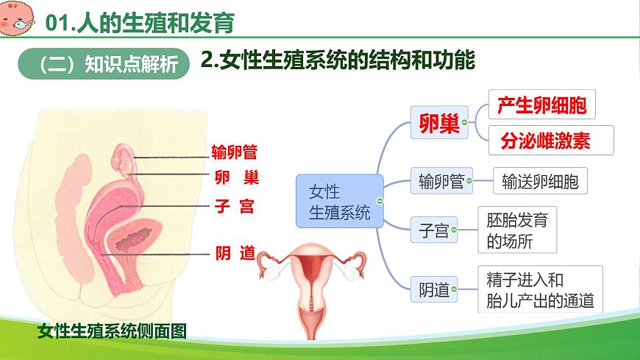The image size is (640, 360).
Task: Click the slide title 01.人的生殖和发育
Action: coord(140,24)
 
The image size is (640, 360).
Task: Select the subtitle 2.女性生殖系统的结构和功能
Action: coord(338,60)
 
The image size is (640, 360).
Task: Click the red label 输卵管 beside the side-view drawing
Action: coord(234,152)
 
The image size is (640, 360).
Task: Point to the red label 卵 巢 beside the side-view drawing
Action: coord(236,177)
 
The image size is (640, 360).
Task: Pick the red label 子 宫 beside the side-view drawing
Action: coord(235,206)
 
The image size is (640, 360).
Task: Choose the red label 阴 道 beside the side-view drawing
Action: coord(235,253)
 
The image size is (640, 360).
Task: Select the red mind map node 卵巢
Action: coord(438,122)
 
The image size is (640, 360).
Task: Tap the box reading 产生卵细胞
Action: coord(541,105)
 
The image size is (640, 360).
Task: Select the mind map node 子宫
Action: coord(433,231)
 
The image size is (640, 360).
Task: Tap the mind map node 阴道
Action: coord(433,290)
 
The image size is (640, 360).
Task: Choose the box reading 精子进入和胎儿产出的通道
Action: coord(540,290)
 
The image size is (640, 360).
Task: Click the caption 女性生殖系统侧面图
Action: coord(112,331)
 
